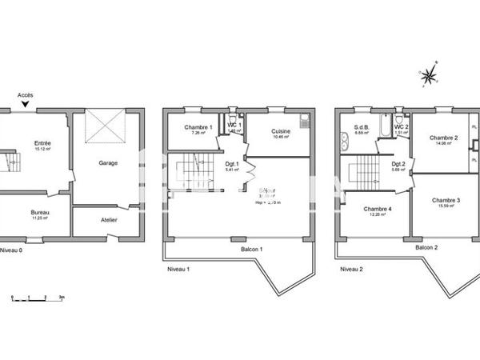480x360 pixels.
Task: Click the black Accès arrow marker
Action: [x=26, y=104]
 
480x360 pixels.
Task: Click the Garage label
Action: [x=108, y=162]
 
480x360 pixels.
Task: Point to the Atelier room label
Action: [x=109, y=219]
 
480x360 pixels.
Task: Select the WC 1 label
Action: [x=234, y=126]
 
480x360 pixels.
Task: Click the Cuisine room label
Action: [x=280, y=132]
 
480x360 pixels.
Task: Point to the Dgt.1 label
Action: [x=233, y=164]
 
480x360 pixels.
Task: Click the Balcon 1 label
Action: [x=250, y=248]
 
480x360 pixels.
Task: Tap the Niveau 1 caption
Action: [x=178, y=269]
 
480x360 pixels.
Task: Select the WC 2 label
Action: [x=402, y=127]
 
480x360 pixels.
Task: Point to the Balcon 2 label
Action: [x=426, y=248]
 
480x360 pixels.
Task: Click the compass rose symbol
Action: [x=430, y=76]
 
